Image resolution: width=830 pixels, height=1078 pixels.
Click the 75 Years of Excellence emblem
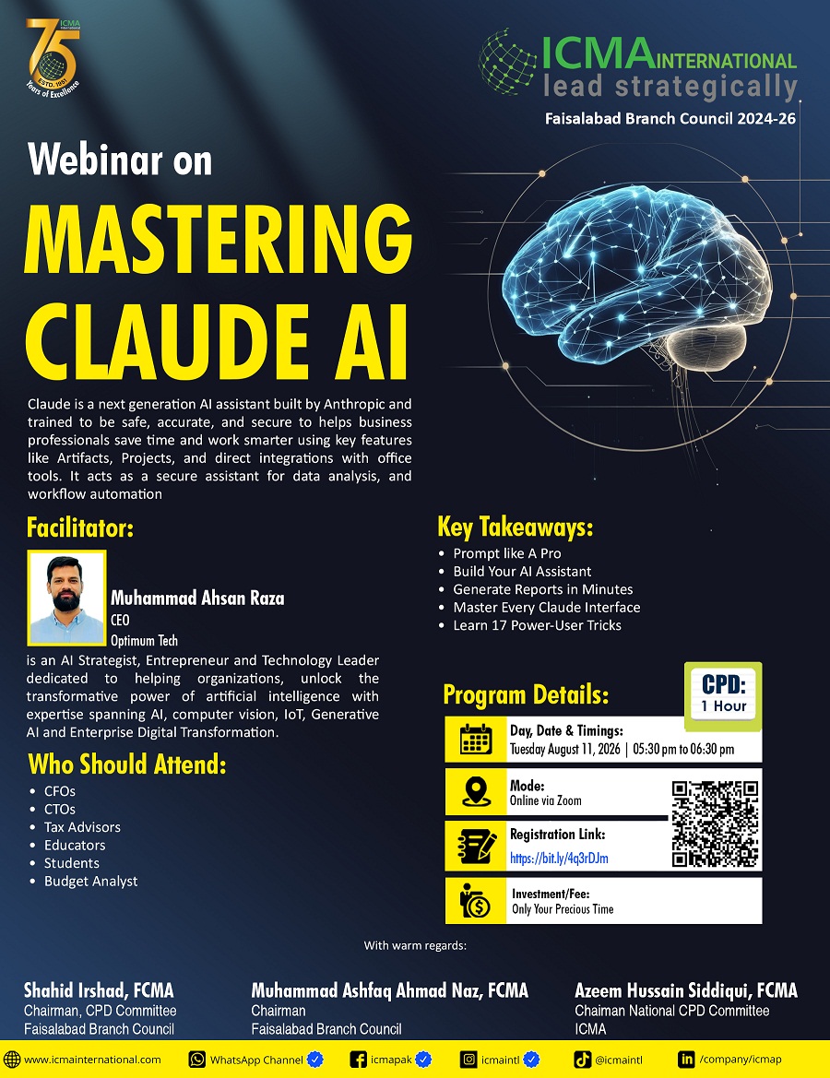tap(53, 58)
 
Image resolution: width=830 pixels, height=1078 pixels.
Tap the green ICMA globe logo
tap(507, 61)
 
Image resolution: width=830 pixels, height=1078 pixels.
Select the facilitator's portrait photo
tap(66, 598)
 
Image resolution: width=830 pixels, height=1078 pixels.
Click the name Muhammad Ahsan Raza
tap(197, 598)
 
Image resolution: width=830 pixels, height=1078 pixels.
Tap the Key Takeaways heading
tap(515, 527)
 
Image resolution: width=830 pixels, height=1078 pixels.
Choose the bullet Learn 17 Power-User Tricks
tap(537, 625)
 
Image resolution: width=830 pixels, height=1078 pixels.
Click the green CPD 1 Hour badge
tap(723, 695)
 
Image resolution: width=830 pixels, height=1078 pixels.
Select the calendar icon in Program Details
tap(475, 740)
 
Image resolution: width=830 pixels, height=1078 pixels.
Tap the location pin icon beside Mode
tap(475, 792)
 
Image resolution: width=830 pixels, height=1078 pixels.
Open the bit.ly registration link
tap(558, 858)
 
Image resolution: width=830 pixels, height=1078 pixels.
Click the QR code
tap(715, 823)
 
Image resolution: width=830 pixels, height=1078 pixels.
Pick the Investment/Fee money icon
tap(475, 901)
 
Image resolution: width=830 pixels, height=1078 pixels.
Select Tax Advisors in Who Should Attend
tap(82, 827)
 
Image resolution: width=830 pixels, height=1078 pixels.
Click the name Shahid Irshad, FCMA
tap(99, 990)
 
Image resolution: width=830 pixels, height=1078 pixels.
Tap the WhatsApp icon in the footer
tap(197, 1060)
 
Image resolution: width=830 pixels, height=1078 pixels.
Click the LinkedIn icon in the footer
tap(686, 1060)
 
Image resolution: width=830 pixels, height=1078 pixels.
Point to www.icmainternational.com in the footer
tap(92, 1060)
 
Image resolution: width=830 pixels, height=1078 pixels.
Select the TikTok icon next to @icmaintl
tap(583, 1060)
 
